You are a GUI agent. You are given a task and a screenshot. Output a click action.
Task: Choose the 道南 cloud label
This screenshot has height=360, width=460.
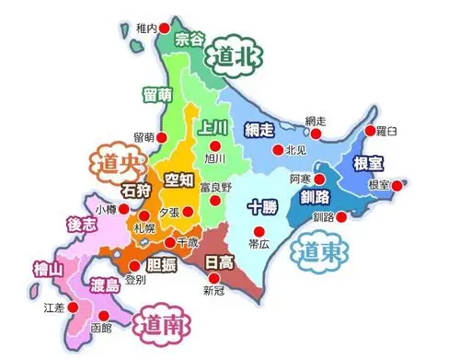[161, 323]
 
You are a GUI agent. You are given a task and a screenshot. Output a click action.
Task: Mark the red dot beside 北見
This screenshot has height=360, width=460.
[274, 150]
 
